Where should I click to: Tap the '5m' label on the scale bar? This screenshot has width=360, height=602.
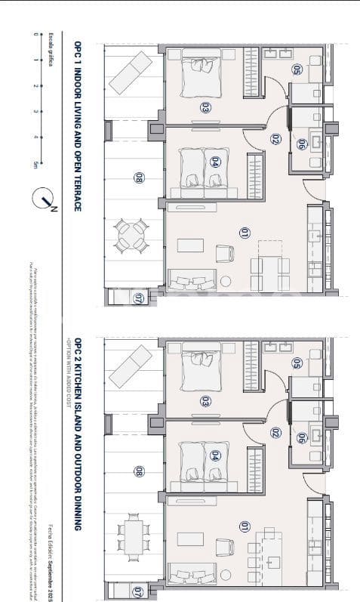coord(35,164)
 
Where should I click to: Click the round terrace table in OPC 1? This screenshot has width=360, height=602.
coord(131,234)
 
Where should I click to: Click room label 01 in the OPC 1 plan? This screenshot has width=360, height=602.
coord(244,233)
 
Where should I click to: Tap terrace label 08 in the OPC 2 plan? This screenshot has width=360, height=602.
coord(138,472)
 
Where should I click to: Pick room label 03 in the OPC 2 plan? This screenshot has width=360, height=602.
coord(204,400)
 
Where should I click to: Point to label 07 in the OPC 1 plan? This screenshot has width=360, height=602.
coord(138,298)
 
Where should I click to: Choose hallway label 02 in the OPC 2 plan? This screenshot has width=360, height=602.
coord(276,433)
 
